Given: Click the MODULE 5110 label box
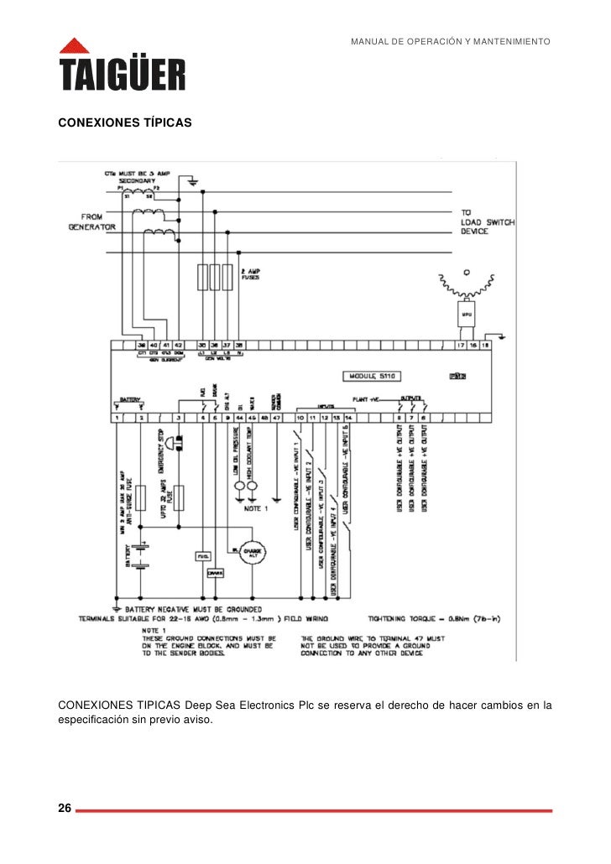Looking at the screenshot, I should [x=376, y=375].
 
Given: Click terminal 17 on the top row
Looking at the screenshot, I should [x=461, y=345].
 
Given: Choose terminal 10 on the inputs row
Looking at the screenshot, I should [x=300, y=417].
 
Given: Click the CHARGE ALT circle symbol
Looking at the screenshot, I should [x=252, y=553].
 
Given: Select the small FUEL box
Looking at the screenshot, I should [x=202, y=556].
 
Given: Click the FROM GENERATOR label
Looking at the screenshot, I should [x=92, y=222].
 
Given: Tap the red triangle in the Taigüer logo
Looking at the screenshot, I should [x=74, y=46].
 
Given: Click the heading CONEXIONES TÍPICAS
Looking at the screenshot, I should [x=124, y=123].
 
